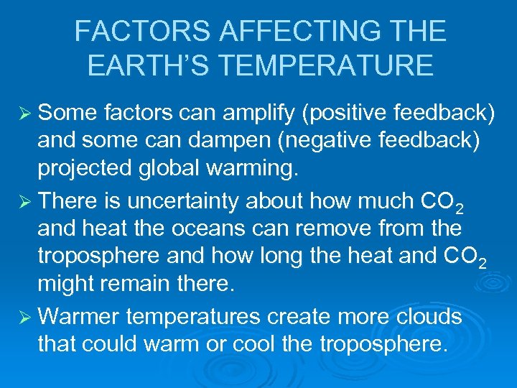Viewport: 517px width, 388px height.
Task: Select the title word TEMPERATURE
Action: click(x=326, y=65)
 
